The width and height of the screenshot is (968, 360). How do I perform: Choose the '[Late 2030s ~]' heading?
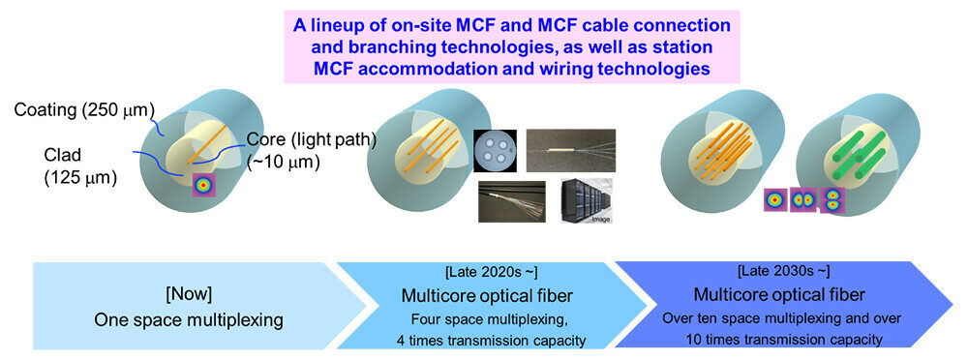(x=784, y=271)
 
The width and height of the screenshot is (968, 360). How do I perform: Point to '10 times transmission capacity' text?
(x=784, y=339)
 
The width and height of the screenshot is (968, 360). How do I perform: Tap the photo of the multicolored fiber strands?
(x=512, y=201)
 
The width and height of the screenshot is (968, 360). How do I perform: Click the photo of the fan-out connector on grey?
(x=570, y=150)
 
